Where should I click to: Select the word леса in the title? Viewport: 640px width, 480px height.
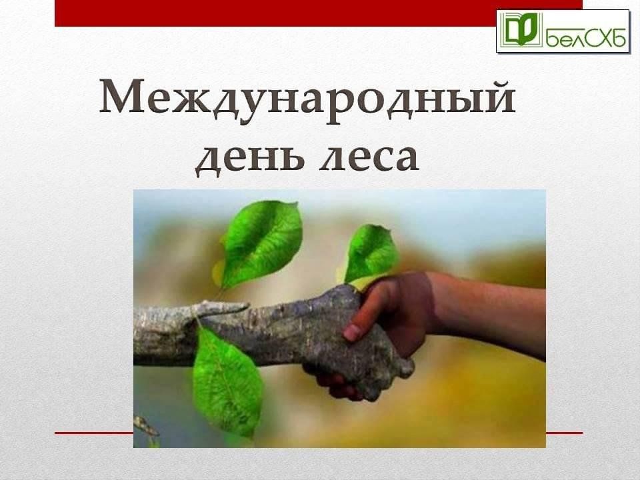click(x=369, y=157)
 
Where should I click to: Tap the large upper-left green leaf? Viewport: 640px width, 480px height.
click(x=259, y=244)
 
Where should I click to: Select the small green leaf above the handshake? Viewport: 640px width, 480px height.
click(x=370, y=254)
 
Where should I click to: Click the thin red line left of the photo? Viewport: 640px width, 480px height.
click(x=94, y=433)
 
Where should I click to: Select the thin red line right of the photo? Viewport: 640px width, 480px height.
click(x=564, y=433)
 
